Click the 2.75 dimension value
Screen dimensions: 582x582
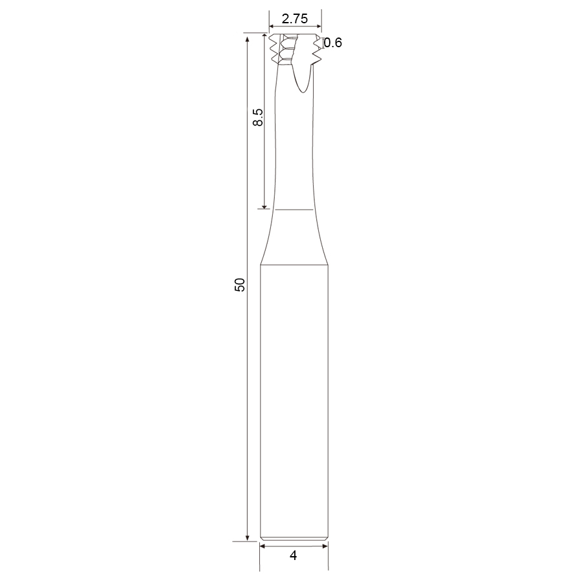click(x=295, y=18)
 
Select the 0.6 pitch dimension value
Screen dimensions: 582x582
click(x=333, y=43)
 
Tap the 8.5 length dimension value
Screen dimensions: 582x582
click(x=258, y=117)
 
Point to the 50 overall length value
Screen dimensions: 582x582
click(x=240, y=285)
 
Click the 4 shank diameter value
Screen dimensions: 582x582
click(x=293, y=555)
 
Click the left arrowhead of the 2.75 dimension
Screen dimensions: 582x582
click(x=272, y=27)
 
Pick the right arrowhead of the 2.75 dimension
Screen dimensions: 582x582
click(x=318, y=27)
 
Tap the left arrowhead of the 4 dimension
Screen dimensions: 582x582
click(x=263, y=546)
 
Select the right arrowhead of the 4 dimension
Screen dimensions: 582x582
click(x=325, y=546)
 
